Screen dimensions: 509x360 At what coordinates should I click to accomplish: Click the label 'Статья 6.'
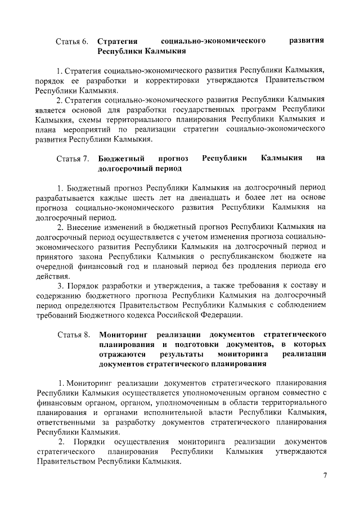click(73, 42)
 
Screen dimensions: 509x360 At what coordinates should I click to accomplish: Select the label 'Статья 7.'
click(73, 159)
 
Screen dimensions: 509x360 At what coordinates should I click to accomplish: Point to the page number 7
click(325, 476)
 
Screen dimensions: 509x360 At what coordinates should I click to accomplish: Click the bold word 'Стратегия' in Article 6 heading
click(118, 42)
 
